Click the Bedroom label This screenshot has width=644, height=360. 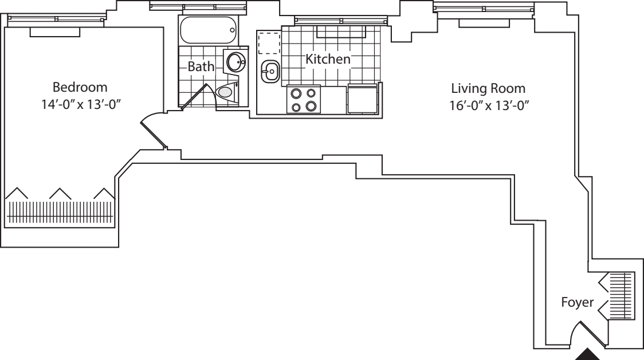80,87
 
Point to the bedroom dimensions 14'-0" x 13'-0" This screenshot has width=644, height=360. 80,104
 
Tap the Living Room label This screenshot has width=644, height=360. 488,89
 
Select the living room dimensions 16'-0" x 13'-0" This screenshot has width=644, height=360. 489,105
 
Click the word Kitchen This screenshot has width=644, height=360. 328,59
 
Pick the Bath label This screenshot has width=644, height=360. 201,66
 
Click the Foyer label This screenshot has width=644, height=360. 578,303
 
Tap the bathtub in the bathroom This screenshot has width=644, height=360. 208,30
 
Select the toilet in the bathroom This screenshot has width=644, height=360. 226,91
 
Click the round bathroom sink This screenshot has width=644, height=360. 236,62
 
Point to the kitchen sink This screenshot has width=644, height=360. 270,72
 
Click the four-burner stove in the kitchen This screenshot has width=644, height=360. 304,100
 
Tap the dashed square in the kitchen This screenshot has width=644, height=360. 269,43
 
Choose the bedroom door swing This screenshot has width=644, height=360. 154,131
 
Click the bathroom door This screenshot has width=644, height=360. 195,97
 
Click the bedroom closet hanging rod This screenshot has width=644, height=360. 60,212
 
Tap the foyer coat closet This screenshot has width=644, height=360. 616,295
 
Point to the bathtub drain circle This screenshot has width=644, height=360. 232,30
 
